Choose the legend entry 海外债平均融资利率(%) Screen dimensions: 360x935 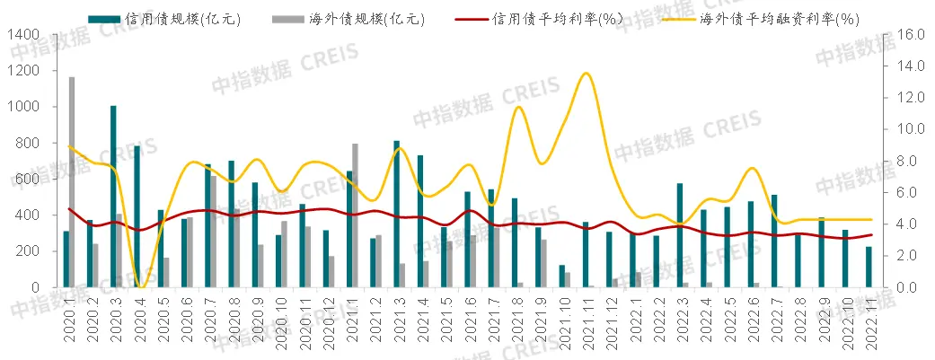click(x=775, y=19)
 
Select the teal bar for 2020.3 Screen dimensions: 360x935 click(x=113, y=197)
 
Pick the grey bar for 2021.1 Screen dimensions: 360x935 click(x=356, y=215)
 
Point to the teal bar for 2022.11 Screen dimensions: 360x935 click(x=869, y=267)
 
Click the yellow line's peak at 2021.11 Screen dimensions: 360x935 click(x=586, y=74)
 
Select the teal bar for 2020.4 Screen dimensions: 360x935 click(x=137, y=216)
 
